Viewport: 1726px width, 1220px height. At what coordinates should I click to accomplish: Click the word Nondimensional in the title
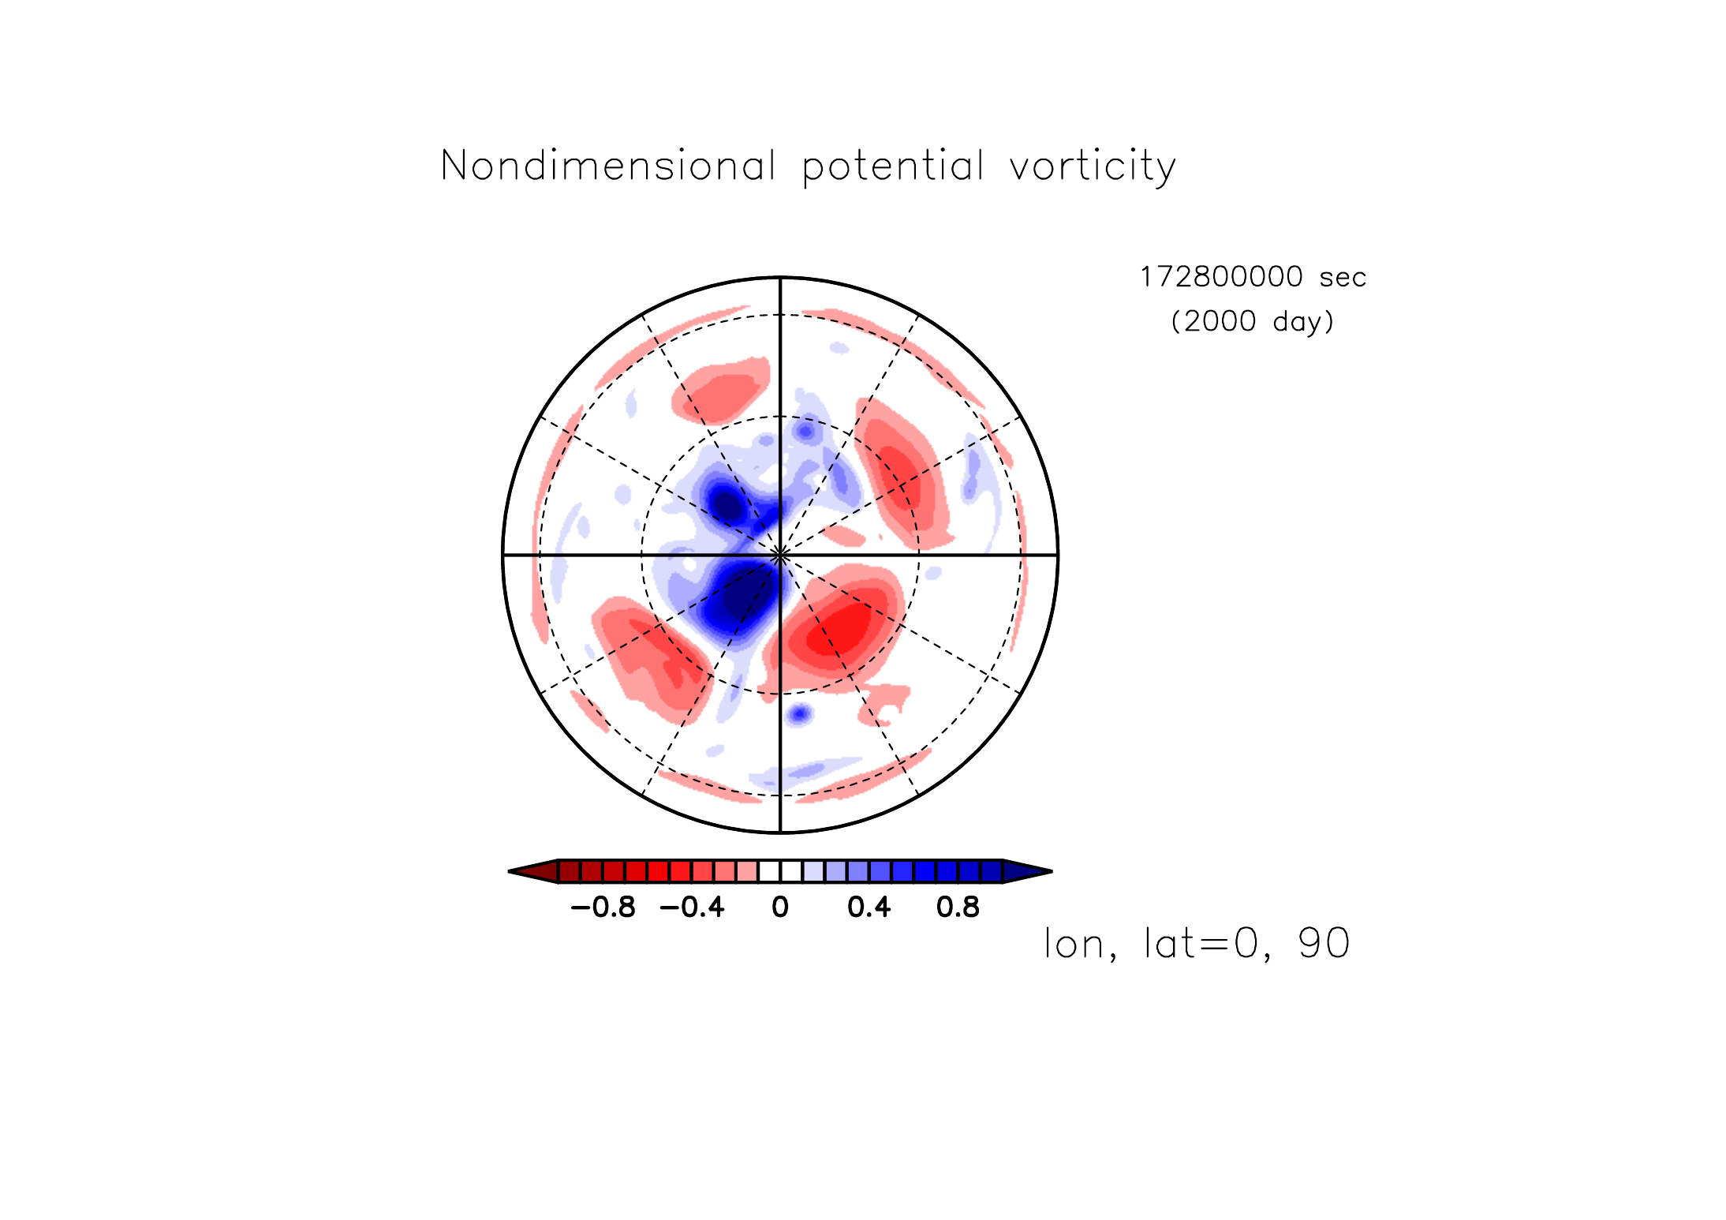608,166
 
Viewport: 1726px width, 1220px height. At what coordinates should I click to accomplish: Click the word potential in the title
893,167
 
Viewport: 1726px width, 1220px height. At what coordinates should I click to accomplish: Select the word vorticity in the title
1093,167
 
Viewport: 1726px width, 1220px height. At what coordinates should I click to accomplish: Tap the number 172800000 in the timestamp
1221,277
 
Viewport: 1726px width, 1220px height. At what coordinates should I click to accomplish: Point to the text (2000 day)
1253,321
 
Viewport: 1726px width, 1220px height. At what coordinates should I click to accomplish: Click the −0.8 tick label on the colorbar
603,908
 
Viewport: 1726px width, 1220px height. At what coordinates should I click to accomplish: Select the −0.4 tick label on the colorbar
693,908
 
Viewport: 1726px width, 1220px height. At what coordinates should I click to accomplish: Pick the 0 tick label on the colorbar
780,908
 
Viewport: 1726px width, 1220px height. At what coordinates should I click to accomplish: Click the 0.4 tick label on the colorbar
869,908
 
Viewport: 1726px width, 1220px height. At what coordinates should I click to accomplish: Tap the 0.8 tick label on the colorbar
958,908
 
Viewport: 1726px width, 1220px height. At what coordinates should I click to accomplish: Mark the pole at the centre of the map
780,555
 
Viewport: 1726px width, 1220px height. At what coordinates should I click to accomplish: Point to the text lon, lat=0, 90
1197,944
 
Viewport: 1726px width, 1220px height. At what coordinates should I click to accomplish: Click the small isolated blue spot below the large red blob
800,714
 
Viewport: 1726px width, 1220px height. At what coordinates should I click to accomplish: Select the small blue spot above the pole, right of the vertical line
806,431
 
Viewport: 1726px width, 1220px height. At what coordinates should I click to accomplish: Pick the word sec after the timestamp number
1343,279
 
